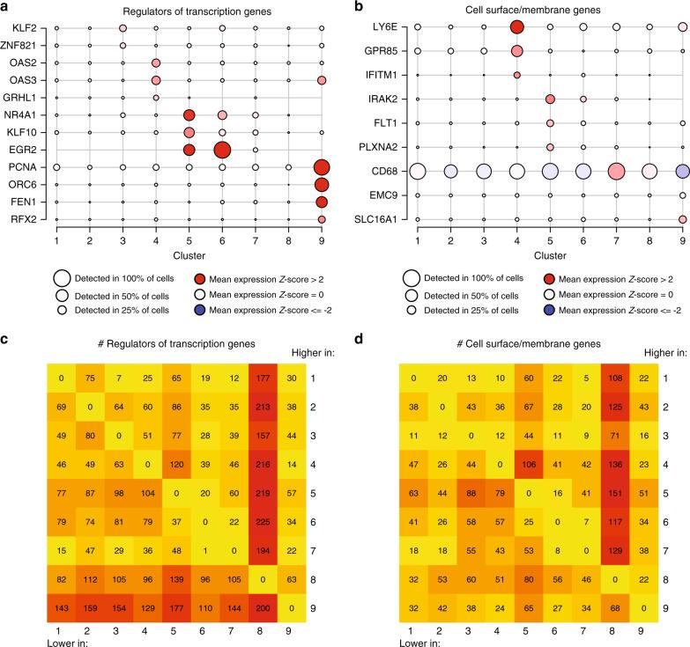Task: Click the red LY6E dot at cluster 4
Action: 517,27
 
